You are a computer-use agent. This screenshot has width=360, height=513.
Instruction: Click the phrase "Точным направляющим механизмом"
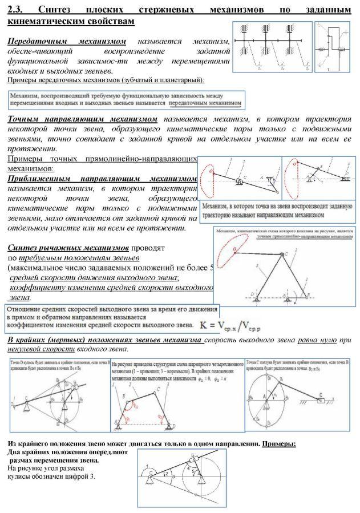point(83,120)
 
